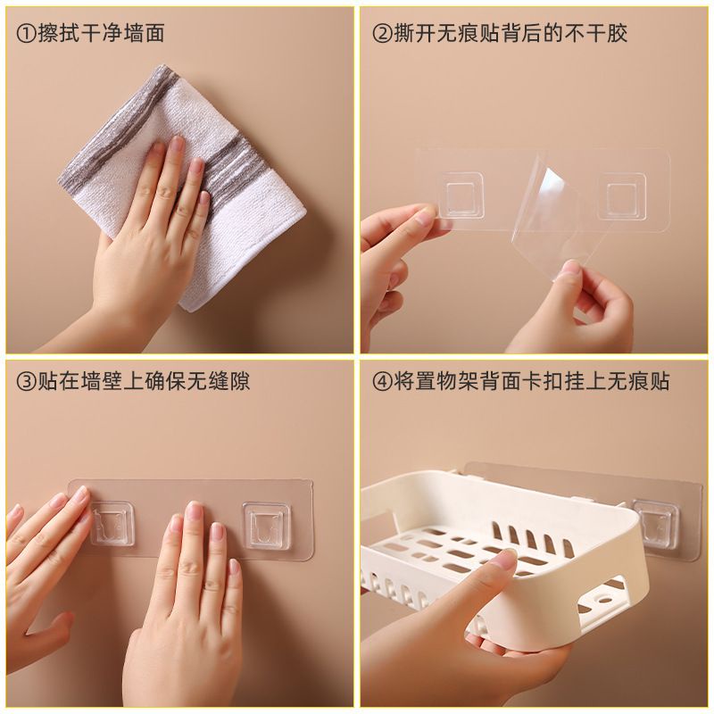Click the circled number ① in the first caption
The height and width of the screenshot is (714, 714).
click(26, 34)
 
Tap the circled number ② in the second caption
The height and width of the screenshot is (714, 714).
click(383, 34)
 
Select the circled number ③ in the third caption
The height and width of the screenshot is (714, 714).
click(26, 382)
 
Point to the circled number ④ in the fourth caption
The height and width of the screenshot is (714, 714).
click(383, 382)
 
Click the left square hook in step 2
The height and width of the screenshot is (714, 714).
click(460, 195)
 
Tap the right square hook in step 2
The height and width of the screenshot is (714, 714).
click(622, 198)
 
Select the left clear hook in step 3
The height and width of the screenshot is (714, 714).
click(110, 523)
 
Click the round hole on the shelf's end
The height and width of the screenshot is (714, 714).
click(603, 600)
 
